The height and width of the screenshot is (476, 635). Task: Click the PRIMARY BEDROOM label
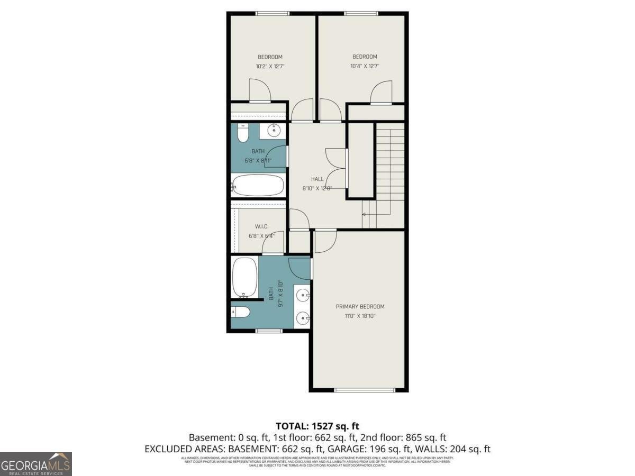[360, 307]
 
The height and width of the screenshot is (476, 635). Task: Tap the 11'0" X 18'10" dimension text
[360, 316]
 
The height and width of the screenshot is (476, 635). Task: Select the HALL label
[317, 179]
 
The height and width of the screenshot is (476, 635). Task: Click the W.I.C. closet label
[255, 226]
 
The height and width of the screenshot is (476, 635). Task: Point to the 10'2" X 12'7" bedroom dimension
[270, 67]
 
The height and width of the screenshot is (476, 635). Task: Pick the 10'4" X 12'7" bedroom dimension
[365, 67]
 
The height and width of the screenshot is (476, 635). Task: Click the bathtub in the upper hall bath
[258, 185]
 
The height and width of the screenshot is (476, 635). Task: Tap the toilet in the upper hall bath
[243, 134]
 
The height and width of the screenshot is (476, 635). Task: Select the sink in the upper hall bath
[275, 130]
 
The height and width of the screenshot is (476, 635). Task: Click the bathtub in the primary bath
[244, 277]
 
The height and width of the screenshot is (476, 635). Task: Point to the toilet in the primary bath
[241, 313]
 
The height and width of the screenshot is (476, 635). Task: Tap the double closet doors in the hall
[335, 168]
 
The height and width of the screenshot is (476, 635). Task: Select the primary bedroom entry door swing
[324, 241]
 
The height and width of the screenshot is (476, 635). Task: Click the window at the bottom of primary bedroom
[365, 390]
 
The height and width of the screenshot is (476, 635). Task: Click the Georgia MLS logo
[35, 464]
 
